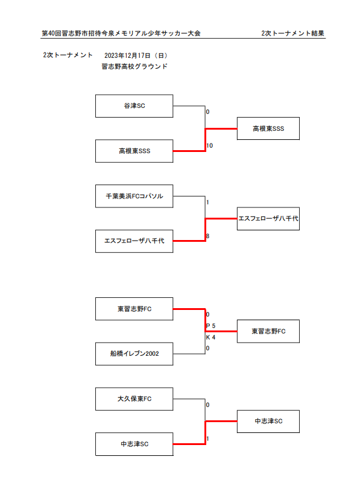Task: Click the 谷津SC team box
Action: [x=134, y=106]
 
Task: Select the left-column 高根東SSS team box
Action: [x=134, y=151]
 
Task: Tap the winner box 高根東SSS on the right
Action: [x=268, y=128]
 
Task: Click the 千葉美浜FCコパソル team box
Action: [x=134, y=196]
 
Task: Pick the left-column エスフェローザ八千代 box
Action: [x=134, y=241]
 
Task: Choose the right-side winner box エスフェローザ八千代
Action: [x=268, y=218]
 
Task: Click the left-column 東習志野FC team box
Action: [x=134, y=309]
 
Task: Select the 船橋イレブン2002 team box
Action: [x=134, y=354]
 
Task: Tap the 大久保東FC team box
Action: [x=134, y=399]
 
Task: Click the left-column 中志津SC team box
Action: [x=134, y=444]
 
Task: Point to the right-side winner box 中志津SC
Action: [x=268, y=422]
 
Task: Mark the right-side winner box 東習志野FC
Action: [x=268, y=331]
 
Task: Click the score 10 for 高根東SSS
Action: [x=210, y=145]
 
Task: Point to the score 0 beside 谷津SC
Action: [x=207, y=112]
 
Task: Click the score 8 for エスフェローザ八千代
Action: [x=207, y=236]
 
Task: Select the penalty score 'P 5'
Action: [x=210, y=326]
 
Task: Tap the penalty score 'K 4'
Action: [x=210, y=337]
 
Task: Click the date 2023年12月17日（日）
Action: [x=136, y=55]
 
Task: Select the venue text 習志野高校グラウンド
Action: [x=134, y=66]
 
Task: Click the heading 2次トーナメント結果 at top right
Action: [x=292, y=33]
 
